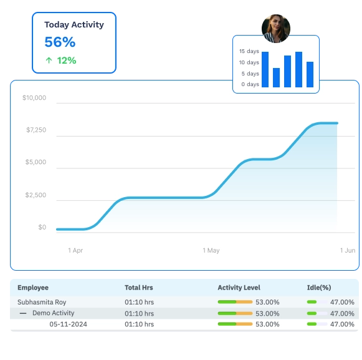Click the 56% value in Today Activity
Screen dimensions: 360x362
(60, 42)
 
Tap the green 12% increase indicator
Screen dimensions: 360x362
(60, 61)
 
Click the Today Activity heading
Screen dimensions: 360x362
(74, 25)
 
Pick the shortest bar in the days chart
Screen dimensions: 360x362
(276, 77)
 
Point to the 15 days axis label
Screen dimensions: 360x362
(249, 51)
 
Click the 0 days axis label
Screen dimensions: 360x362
(250, 84)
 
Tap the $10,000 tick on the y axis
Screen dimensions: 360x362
(34, 98)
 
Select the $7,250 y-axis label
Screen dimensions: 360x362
(36, 130)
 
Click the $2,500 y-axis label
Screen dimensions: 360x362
(35, 195)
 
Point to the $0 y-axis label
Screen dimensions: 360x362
(42, 227)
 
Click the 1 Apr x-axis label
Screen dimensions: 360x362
(75, 250)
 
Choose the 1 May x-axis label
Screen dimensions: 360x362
(211, 250)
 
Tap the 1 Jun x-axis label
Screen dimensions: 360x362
(348, 250)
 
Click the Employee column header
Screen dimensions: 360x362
(33, 288)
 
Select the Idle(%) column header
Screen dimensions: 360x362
(319, 288)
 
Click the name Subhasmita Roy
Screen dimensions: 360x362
(42, 302)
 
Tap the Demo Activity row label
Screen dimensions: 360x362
(53, 313)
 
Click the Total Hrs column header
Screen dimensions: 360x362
(138, 288)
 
